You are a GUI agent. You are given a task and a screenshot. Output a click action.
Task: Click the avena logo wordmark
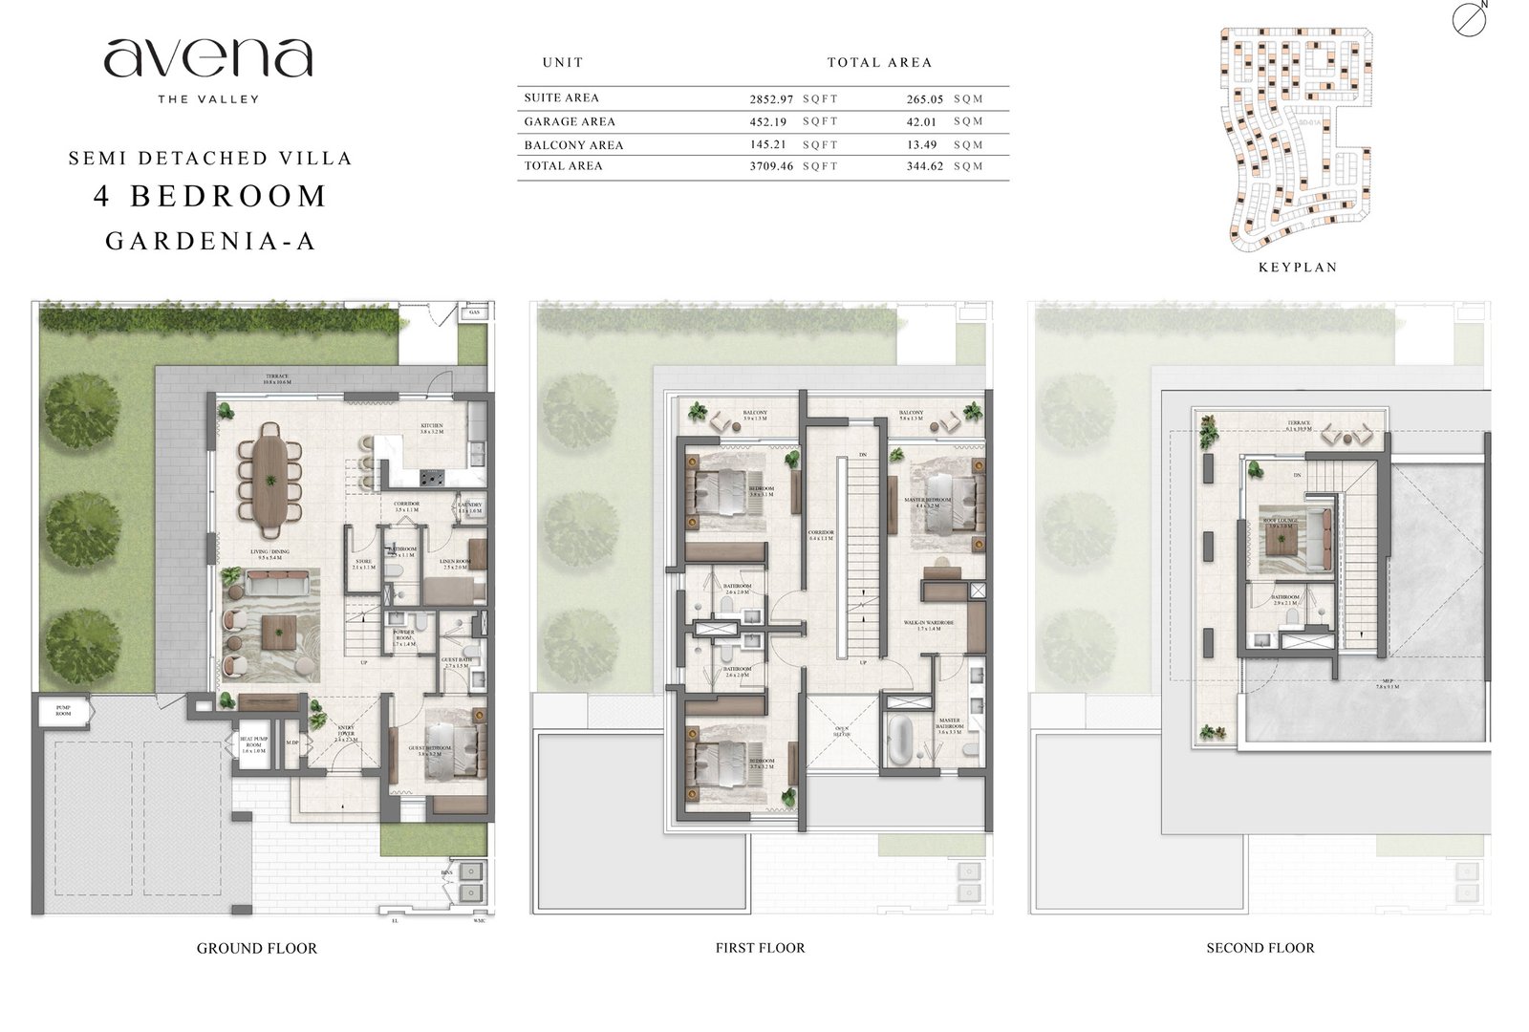[x=208, y=59]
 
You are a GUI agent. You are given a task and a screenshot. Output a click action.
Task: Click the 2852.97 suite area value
[x=771, y=98]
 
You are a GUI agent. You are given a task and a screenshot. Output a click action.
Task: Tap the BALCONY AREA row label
[x=573, y=145]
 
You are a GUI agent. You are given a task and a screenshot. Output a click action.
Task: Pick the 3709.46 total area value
[x=771, y=166]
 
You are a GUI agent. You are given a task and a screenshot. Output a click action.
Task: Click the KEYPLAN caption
[x=1298, y=268]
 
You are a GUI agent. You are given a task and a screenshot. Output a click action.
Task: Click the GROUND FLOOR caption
[x=256, y=948]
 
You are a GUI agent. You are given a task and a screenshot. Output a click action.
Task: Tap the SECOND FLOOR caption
[x=1260, y=948]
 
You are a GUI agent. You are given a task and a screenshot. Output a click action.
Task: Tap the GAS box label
[x=474, y=312]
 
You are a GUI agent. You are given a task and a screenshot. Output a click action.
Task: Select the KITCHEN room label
[x=432, y=427]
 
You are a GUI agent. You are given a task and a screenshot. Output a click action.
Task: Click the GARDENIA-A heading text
[x=210, y=241]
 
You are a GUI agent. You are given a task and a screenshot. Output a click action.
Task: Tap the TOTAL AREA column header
[x=879, y=62]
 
